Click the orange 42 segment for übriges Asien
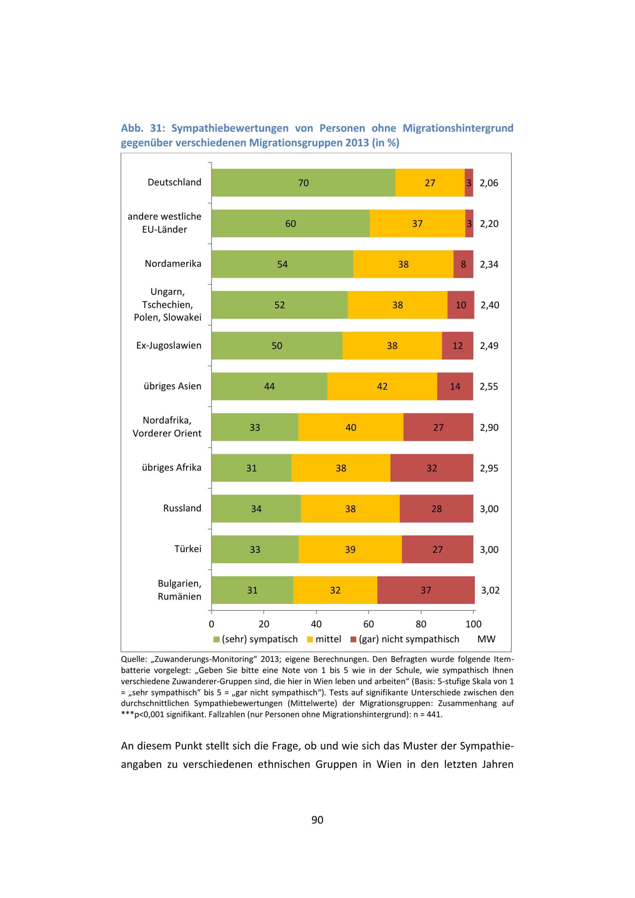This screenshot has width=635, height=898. tap(382, 386)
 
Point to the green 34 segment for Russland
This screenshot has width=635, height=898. tap(256, 508)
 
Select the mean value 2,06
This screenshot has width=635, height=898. tap(489, 183)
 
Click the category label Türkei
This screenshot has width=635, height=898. tap(188, 549)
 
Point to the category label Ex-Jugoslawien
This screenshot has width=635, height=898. tap(169, 345)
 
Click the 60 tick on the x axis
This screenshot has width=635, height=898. tap(368, 624)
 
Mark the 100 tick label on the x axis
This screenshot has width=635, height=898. tap(473, 624)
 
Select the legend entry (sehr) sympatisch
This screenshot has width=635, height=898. tap(260, 639)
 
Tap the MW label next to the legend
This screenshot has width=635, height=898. tap(486, 639)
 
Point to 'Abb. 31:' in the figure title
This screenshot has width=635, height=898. tap(143, 128)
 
